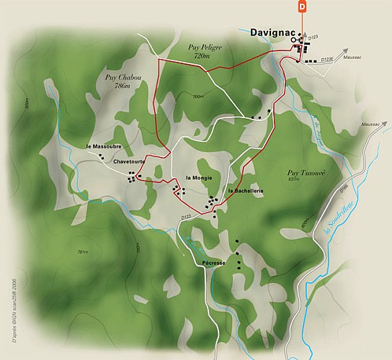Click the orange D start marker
(302, 6)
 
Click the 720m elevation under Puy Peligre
(205, 55)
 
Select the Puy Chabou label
(117, 76)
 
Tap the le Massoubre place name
(103, 147)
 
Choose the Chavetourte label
(130, 163)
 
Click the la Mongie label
(198, 177)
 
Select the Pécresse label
(215, 263)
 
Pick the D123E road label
(327, 59)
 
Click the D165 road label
(342, 190)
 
